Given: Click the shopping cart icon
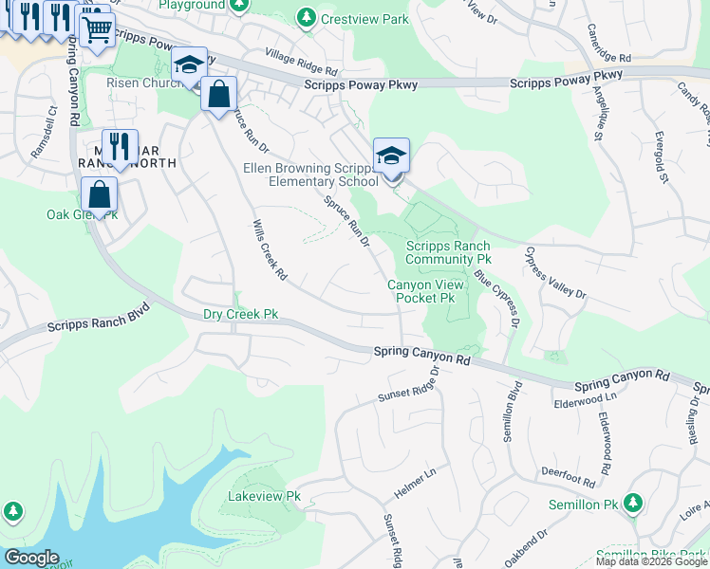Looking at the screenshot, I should click(x=96, y=29).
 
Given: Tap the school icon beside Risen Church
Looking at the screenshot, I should click(x=189, y=65).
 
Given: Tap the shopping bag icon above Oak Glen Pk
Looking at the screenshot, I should click(x=100, y=195).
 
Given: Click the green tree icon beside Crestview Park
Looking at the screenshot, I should click(x=306, y=17).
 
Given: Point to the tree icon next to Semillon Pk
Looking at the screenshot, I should click(x=633, y=504).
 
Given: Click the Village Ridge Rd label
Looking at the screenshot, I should click(x=301, y=64).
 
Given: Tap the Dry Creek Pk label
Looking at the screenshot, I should click(x=241, y=314).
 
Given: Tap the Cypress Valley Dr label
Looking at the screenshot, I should click(x=555, y=274).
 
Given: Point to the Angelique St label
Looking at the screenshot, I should click(x=600, y=113).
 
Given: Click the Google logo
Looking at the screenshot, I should click(x=31, y=558).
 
